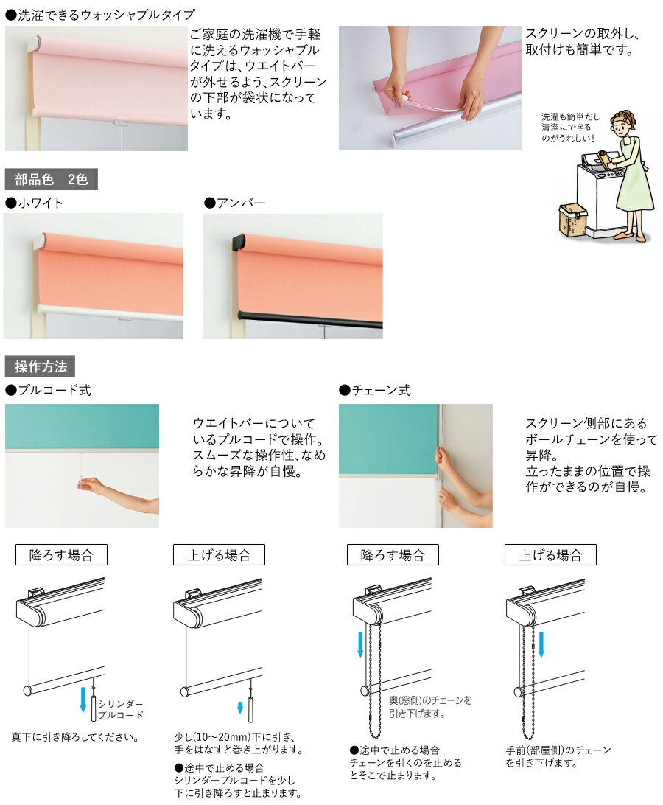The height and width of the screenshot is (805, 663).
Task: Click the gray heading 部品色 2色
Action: tap(52, 179)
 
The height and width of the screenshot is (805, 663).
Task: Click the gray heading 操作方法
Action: tap(40, 366)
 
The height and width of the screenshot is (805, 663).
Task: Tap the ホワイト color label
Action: tap(35, 203)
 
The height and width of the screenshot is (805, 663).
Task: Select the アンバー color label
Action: tap(235, 203)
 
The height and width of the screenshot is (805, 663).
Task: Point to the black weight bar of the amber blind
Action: tap(310, 318)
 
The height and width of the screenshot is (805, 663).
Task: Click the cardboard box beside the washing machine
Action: tap(573, 219)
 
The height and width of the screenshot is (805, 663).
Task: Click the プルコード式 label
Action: tap(48, 390)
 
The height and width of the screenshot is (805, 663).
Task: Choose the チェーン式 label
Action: tap(375, 390)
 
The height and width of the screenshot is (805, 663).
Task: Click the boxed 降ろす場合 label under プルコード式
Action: tap(61, 555)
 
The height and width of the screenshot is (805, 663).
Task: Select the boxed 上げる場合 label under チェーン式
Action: tap(550, 555)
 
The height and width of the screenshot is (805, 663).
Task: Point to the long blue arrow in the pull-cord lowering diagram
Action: tap(83, 700)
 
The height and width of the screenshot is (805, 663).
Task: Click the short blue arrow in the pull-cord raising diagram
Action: tap(240, 708)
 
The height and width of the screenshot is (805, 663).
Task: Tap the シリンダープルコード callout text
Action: tap(121, 709)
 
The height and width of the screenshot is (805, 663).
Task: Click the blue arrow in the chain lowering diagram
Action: tap(360, 644)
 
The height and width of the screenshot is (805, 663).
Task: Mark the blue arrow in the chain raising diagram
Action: tap(541, 644)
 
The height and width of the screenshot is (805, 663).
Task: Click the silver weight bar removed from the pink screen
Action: tap(452, 122)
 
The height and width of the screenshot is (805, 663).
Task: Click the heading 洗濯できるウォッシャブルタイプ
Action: tap(100, 15)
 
